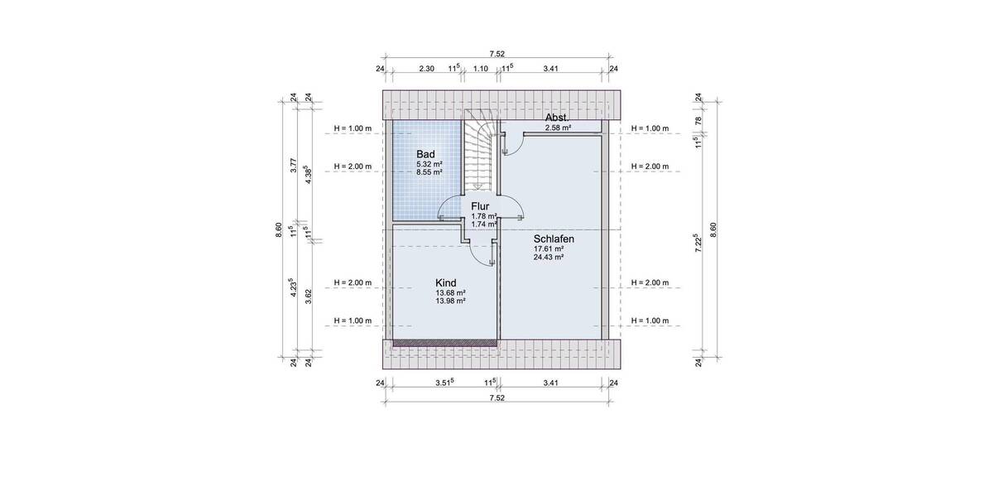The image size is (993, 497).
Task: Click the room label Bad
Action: tap(425, 154)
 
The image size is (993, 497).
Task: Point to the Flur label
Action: tap(481, 206)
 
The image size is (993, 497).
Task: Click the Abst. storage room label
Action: tap(557, 118)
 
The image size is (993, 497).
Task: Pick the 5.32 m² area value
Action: tap(429, 164)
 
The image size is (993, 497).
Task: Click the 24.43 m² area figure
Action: tap(549, 257)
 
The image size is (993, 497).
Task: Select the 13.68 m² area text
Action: tap(450, 293)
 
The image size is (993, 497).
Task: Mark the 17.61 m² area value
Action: tap(549, 248)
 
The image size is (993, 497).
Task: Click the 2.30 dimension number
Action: tap(427, 69)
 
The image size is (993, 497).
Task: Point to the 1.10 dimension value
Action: tap(480, 69)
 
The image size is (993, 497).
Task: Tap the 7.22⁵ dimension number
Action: tap(698, 243)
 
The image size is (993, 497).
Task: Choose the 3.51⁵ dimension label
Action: tap(446, 383)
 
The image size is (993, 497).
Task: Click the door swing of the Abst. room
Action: tap(510, 142)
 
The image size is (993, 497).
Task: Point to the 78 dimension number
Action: tap(698, 121)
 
